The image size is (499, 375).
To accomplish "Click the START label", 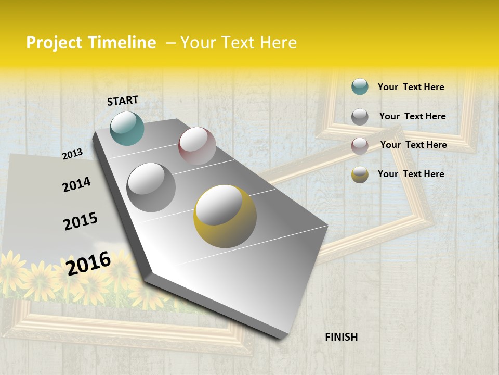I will pos(123,101).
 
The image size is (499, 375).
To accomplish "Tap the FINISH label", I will pos(341,337).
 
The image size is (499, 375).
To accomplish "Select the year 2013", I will pos(73,154).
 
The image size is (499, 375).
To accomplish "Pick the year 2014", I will pos(76,184).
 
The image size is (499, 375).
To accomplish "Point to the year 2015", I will pos(81,221).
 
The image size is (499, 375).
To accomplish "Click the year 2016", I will pos(88,263).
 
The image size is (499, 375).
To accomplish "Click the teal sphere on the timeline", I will pos(127,128).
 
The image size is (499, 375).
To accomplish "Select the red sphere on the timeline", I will pos(197,146).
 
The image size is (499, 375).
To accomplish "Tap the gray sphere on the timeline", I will pos(151,187).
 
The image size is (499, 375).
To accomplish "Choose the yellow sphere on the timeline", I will pos(225,216).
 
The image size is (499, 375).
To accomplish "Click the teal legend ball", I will pos(360,86).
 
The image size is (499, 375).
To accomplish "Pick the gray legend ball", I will pos(360,117).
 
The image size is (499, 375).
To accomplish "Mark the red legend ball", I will pos(360,146).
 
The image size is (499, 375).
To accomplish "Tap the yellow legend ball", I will pos(360,174).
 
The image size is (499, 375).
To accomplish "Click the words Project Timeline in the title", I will pos(91,43).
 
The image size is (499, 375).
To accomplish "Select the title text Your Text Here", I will pos(239,43).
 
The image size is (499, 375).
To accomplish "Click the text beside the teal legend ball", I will pos(411,87).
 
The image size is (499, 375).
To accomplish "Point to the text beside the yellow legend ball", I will pos(411,174).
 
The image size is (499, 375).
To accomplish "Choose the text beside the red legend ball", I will pos(413,145).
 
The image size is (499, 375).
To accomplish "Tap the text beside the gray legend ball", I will pos(412,116).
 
